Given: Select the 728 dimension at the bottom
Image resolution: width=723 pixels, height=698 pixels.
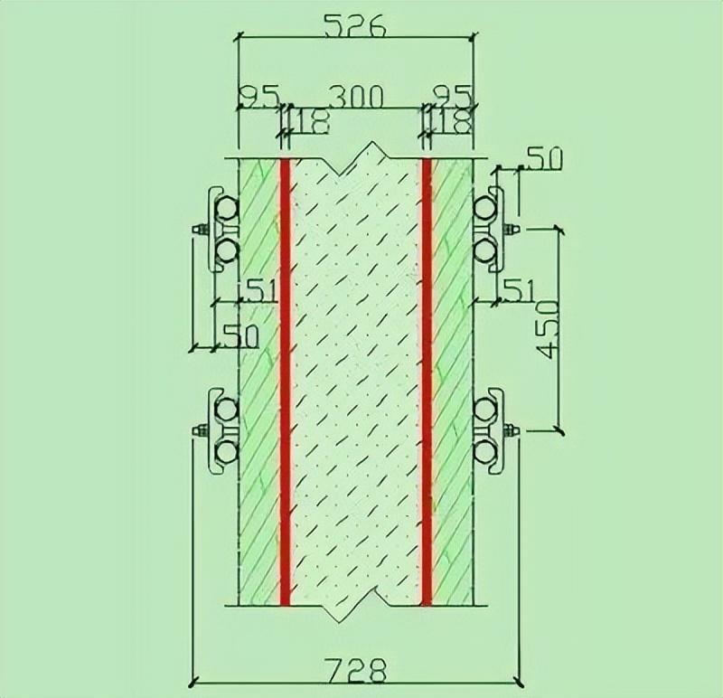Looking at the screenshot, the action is tap(355, 671).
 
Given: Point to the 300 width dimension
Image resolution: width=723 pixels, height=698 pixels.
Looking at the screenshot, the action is tap(356, 97).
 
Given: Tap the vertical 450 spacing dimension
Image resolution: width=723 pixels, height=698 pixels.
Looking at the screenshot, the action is tap(548, 329).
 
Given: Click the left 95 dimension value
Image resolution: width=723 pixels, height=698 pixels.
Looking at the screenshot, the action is tap(260, 97).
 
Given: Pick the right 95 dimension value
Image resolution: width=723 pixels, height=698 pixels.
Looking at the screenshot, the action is tap(455, 97).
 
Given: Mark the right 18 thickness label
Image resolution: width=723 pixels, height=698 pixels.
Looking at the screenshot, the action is tap(455, 121).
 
